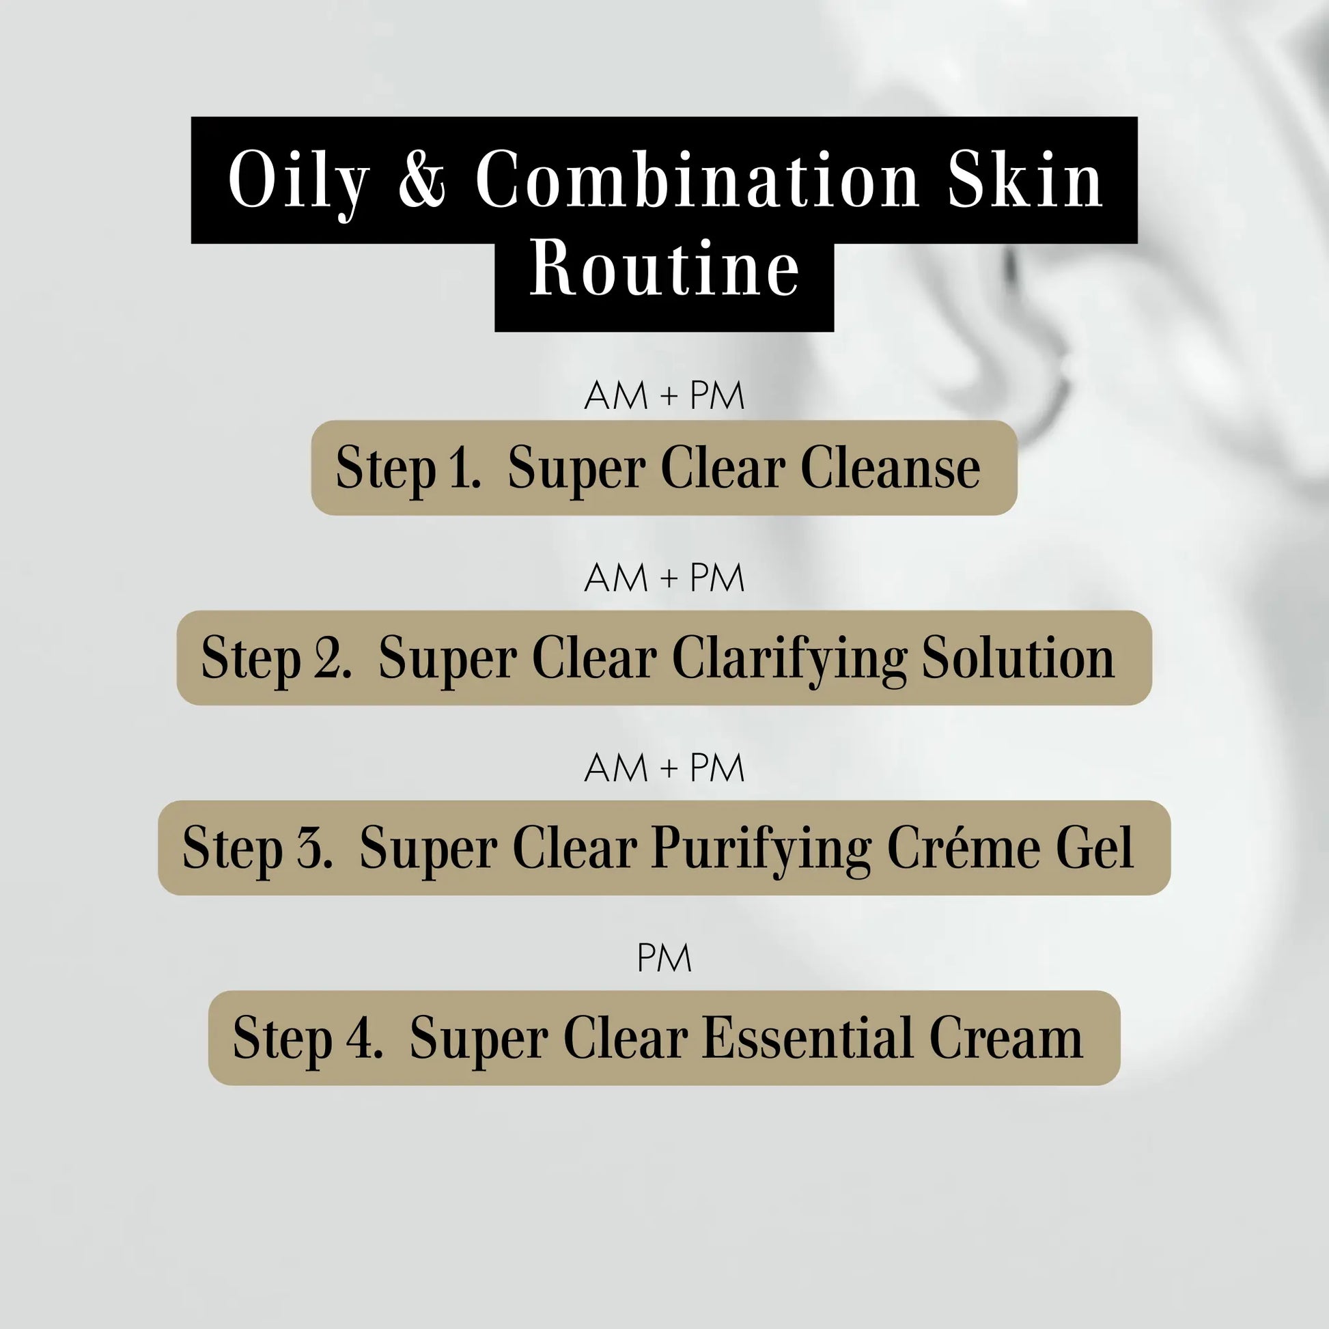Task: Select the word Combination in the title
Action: [x=697, y=180]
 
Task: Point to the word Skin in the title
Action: [x=1025, y=180]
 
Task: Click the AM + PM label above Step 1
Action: [x=664, y=395]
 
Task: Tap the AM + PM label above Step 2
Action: [x=664, y=578]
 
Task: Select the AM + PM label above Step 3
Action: [x=664, y=768]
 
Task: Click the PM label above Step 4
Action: [x=664, y=958]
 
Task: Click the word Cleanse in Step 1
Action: [x=890, y=468]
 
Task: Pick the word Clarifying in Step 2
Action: [x=789, y=659]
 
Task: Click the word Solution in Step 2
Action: [x=1018, y=658]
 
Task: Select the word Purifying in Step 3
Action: [x=761, y=849]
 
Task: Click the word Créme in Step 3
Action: [x=963, y=848]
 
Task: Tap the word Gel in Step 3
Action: [x=1095, y=848]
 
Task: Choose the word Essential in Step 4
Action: [x=808, y=1038]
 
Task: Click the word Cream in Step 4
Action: [x=1006, y=1038]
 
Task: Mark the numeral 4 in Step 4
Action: [x=360, y=1038]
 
